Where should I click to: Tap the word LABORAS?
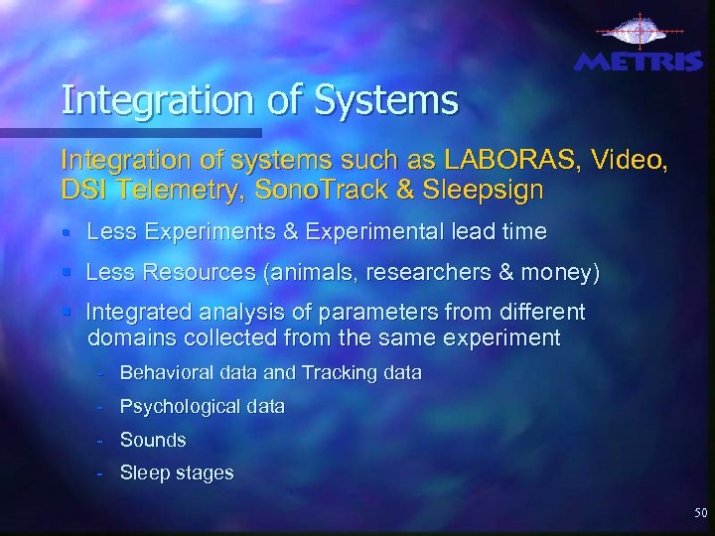pyautogui.click(x=505, y=159)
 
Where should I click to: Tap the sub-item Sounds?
pyautogui.click(x=153, y=440)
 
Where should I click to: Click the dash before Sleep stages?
pyautogui.click(x=101, y=473)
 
